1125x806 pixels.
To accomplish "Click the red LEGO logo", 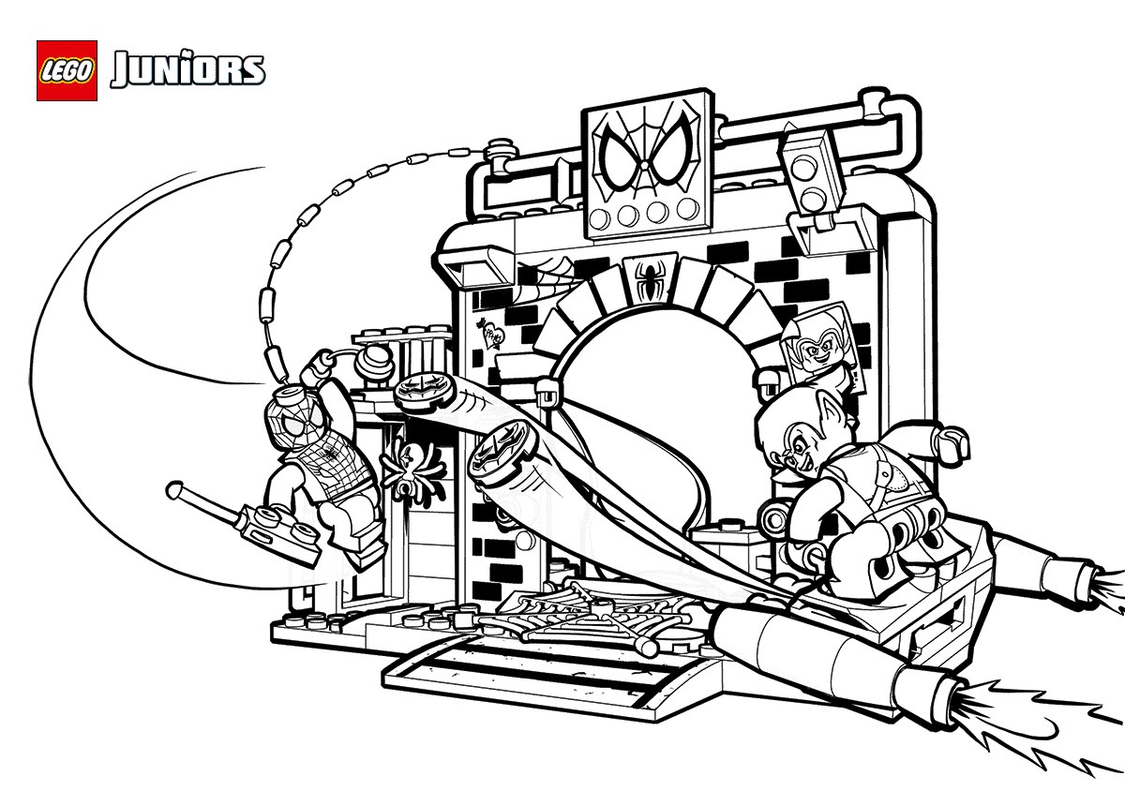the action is click(67, 70).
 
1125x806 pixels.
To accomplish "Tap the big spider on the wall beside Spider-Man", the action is click(412, 466).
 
